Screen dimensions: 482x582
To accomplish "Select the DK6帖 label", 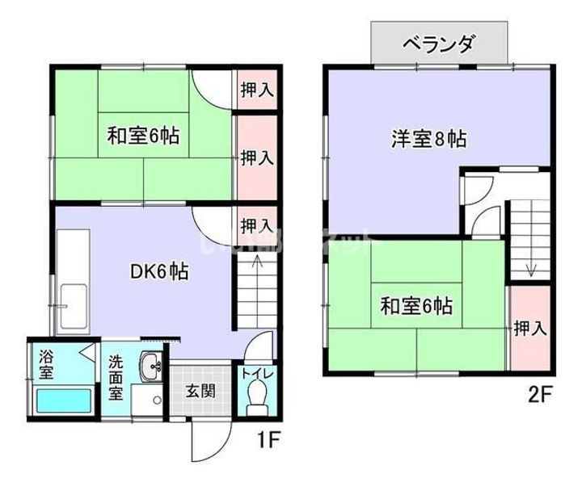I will (160, 272).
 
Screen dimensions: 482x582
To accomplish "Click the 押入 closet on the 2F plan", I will (530, 328).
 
